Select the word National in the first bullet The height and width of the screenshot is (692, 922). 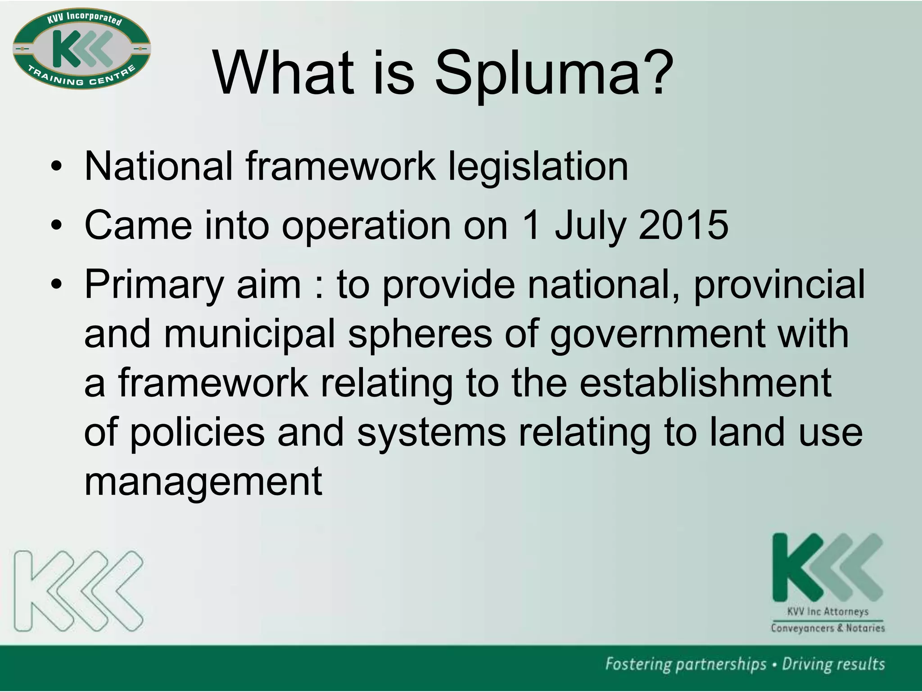(x=158, y=167)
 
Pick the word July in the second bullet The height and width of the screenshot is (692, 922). (x=590, y=225)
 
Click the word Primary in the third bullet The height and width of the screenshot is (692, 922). (x=154, y=285)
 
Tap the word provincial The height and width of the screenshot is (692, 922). (x=779, y=285)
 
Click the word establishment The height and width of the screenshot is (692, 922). (x=705, y=383)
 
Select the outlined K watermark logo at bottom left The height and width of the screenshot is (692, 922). (x=79, y=591)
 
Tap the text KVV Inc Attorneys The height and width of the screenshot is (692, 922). (x=827, y=612)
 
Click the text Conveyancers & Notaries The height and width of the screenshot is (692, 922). (x=827, y=628)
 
